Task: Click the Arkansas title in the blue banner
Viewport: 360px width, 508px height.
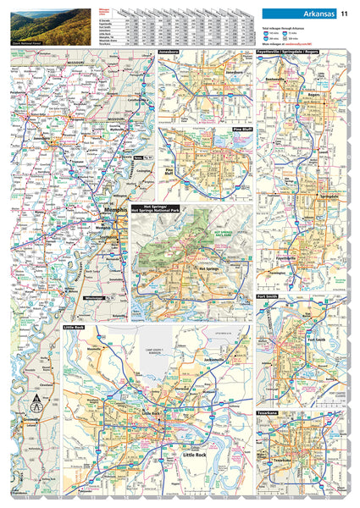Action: pyautogui.click(x=315, y=13)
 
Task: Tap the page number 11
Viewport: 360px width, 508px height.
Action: pyautogui.click(x=345, y=13)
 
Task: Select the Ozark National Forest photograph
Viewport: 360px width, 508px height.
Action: pyautogui.click(x=33, y=25)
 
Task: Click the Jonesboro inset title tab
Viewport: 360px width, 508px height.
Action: pyautogui.click(x=169, y=52)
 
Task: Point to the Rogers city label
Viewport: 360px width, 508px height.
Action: pyautogui.click(x=315, y=118)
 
